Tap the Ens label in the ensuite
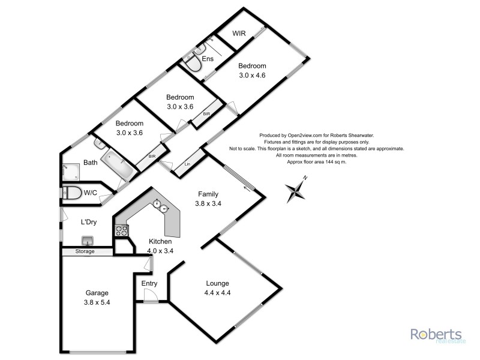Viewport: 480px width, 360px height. pyautogui.click(x=208, y=59)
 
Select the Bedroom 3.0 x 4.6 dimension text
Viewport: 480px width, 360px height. pyautogui.click(x=252, y=76)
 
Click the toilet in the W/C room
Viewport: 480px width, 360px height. pyautogui.click(x=73, y=193)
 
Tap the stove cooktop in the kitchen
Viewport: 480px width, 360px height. pyautogui.click(x=121, y=229)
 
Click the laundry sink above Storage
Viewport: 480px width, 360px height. pyautogui.click(x=88, y=241)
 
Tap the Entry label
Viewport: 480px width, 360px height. pyautogui.click(x=149, y=283)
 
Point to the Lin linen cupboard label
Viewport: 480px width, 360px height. pyautogui.click(x=188, y=163)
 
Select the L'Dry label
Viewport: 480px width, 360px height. pyautogui.click(x=89, y=222)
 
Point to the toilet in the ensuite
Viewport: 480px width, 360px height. pyautogui.click(x=194, y=64)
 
